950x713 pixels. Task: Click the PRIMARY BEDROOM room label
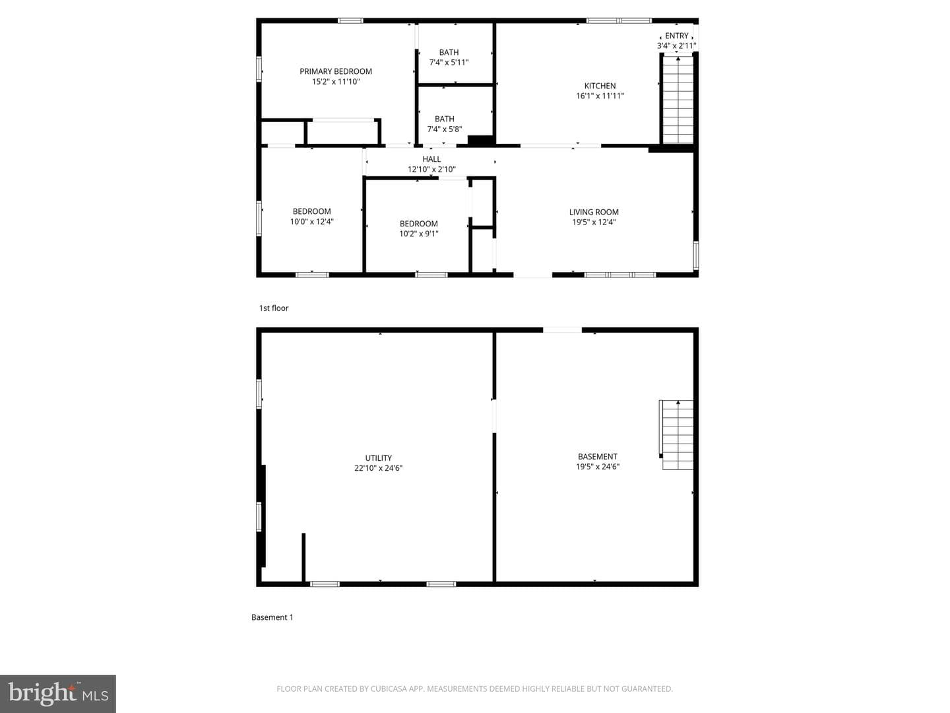(335, 71)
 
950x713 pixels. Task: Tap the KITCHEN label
(600, 86)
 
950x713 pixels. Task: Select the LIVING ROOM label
(594, 212)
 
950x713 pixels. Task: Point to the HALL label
(431, 159)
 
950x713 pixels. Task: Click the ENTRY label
(676, 36)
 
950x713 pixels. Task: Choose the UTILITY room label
(378, 458)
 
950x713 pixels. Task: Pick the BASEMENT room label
(597, 456)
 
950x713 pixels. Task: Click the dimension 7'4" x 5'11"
(449, 62)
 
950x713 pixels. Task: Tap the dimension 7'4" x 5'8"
(445, 129)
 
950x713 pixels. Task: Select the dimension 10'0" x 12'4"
(311, 222)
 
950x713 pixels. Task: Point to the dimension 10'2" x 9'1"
(418, 234)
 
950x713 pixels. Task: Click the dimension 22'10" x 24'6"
(378, 468)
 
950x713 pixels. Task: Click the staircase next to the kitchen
(678, 99)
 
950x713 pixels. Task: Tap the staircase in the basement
(676, 434)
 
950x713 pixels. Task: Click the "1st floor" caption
(274, 308)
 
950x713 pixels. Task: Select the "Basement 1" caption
(272, 617)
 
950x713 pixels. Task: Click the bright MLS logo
(58, 693)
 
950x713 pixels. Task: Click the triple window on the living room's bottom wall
(619, 275)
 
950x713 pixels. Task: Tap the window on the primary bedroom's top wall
(350, 20)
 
